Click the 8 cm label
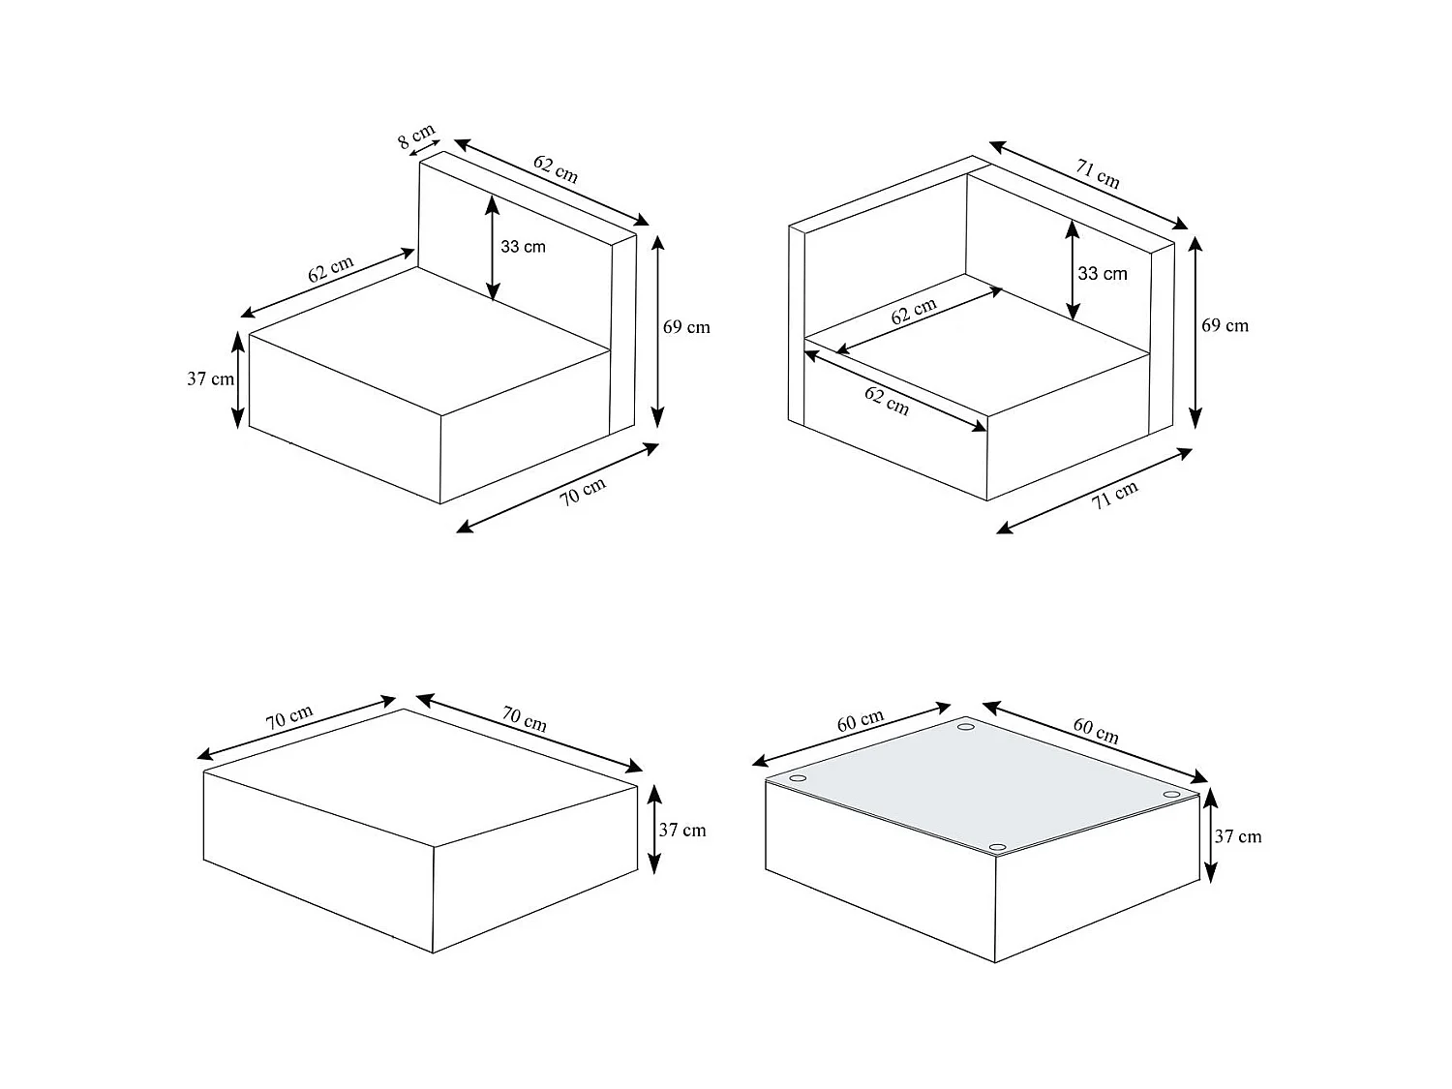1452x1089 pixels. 416,136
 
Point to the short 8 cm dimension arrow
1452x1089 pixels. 425,148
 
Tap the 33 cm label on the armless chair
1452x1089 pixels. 523,247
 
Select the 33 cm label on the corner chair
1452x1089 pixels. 1102,273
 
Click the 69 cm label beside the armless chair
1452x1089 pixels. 686,326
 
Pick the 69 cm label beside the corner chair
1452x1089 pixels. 1225,325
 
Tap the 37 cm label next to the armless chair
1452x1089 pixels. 210,378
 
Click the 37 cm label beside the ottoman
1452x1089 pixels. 682,830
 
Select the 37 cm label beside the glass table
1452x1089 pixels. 1238,836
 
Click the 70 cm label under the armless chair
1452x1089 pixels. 583,492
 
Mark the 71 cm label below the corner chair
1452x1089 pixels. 1114,495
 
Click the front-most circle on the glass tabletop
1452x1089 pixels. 998,847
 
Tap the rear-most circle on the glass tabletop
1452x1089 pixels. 966,727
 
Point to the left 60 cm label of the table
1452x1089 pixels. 860,721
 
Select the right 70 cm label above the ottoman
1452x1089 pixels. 525,719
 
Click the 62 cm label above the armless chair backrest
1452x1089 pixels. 556,169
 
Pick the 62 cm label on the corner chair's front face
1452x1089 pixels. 887,402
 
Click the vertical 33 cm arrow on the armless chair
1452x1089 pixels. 492,248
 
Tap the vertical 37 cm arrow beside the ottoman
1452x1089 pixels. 654,830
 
